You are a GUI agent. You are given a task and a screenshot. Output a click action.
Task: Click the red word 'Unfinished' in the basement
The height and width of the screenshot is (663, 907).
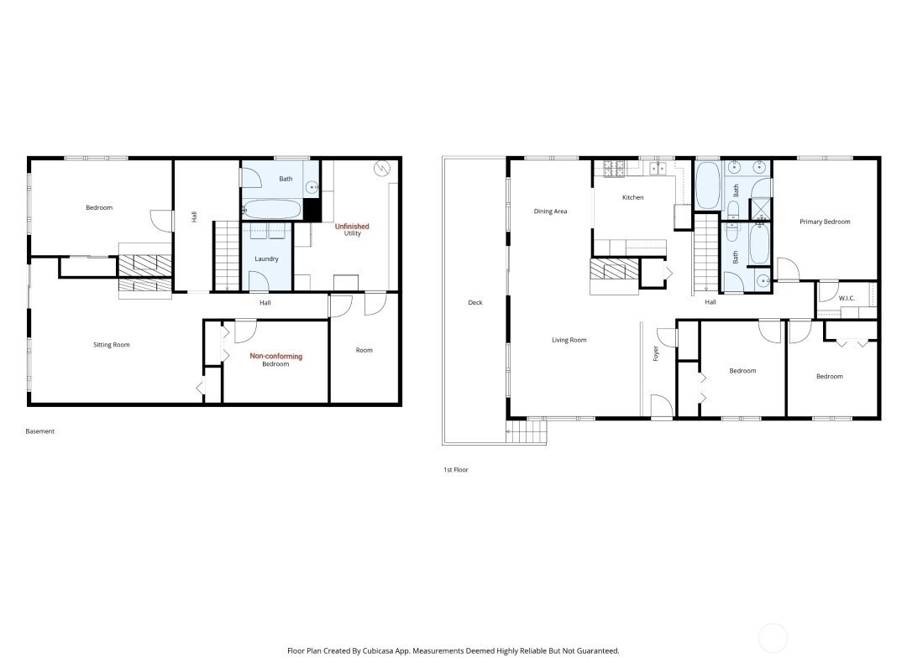pos(352,226)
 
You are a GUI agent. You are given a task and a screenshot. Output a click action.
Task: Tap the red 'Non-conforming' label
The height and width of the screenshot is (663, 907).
pos(276,356)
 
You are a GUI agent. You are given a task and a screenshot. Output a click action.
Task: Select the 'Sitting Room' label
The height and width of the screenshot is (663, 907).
pos(112,344)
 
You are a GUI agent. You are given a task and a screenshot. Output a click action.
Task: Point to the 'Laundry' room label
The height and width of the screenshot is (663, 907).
pos(267,258)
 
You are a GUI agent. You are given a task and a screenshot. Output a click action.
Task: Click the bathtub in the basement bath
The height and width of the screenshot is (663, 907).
pos(271,209)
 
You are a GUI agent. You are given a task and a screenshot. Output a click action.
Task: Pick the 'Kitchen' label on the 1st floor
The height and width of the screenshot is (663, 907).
pos(633,197)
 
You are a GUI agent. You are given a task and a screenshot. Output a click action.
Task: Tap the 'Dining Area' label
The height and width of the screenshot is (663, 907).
pos(550,211)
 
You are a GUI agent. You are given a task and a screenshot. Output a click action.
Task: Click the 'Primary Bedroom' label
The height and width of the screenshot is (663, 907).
pos(825,222)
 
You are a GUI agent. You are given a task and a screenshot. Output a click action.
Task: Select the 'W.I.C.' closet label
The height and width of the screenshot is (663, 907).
pos(847,298)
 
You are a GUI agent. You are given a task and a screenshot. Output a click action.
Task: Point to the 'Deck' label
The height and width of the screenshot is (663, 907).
pos(474,302)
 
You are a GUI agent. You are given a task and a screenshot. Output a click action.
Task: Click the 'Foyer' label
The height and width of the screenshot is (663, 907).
pos(656,353)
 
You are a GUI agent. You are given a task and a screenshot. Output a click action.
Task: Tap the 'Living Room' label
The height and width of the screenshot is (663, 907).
pos(569,340)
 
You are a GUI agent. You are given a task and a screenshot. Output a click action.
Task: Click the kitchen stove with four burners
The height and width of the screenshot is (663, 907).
pos(614,168)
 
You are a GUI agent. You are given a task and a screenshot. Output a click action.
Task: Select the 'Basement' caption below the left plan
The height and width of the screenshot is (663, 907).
pos(40,431)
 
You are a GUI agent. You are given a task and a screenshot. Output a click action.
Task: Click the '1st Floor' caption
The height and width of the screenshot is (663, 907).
pos(456,470)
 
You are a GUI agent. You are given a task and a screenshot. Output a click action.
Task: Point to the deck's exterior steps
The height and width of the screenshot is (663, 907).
pos(527,431)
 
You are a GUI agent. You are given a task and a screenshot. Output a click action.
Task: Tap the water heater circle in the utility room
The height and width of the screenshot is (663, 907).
pos(382,169)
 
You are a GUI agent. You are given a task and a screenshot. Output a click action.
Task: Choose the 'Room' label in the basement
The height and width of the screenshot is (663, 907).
pos(364,350)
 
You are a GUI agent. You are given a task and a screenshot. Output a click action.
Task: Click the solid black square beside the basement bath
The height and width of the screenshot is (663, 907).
pos(312,210)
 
